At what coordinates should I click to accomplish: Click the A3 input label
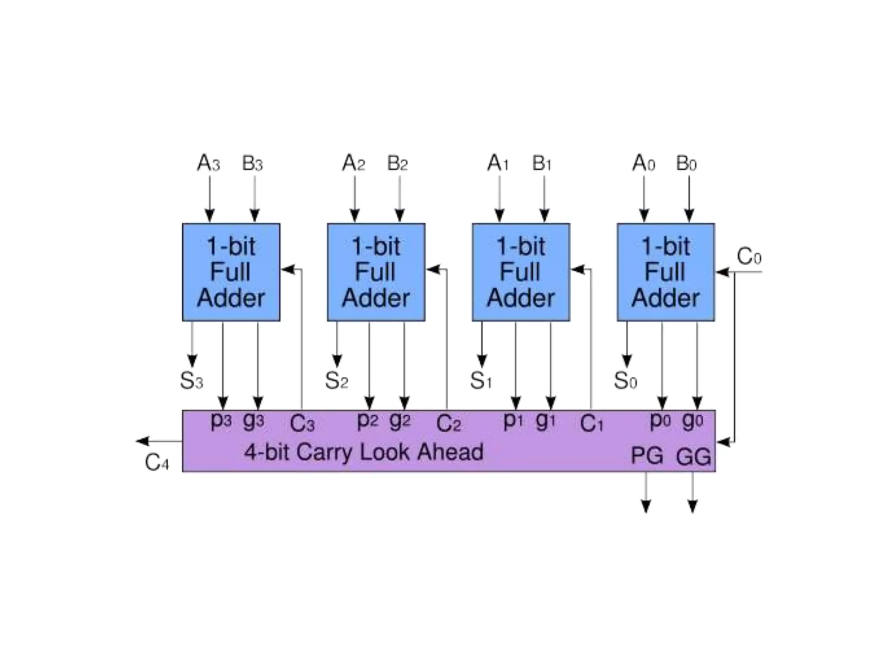pos(208,164)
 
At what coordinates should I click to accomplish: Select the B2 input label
pos(397,164)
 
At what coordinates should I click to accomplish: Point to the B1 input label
pos(542,164)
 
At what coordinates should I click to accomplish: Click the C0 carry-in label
pos(749,256)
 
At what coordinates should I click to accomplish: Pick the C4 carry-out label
pos(157,462)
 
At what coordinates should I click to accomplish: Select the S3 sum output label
pos(191,380)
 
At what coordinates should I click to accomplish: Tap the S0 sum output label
pos(625,380)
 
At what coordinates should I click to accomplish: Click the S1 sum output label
pos(481,380)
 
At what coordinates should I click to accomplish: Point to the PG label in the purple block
pos(647,456)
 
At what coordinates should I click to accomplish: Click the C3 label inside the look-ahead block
pos(302,424)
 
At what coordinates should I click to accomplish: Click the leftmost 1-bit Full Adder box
pos(231,272)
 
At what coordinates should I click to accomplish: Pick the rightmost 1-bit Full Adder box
pos(666,272)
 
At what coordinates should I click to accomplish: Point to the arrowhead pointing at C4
pos(142,441)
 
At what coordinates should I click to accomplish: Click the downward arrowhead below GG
pos(692,506)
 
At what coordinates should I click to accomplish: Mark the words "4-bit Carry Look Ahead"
pos(364,452)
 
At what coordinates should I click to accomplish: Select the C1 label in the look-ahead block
pos(591,424)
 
